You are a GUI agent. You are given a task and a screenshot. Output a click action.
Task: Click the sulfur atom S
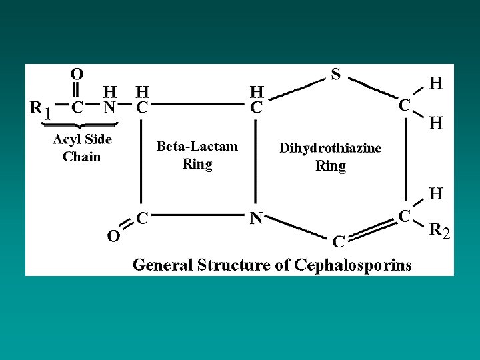336,74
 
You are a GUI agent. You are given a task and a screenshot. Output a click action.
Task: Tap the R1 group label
40,109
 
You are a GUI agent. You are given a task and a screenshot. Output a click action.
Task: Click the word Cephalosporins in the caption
353,265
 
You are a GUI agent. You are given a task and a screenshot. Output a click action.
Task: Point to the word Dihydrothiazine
330,148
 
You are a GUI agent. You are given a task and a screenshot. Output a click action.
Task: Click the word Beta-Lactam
197,146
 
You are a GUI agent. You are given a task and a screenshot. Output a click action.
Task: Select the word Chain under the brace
82,157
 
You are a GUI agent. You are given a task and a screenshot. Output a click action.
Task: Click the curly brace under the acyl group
79,125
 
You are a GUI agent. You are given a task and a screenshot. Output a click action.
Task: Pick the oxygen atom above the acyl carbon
77,74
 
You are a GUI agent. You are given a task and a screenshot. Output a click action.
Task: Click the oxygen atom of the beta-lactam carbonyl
113,236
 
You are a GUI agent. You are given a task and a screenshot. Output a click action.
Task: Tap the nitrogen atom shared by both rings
256,218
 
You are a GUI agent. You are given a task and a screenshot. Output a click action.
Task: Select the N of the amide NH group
109,107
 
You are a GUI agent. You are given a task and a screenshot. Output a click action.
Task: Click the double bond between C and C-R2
373,229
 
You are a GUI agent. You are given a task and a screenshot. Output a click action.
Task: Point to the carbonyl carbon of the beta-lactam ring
142,218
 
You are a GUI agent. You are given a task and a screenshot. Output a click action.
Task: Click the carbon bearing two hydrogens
404,105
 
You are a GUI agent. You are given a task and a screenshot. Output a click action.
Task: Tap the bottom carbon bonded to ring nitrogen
338,241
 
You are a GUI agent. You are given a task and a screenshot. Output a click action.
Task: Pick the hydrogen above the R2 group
436,193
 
